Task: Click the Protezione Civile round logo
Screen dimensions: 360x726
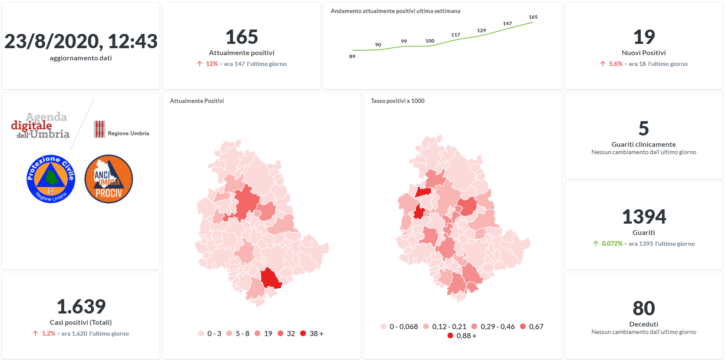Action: pyautogui.click(x=51, y=179)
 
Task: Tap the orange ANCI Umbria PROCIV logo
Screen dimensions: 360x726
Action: pyautogui.click(x=109, y=179)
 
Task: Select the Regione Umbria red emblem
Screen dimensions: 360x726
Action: pyautogui.click(x=99, y=129)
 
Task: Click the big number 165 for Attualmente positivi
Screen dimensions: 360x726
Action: pyautogui.click(x=242, y=37)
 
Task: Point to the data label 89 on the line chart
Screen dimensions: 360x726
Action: pyautogui.click(x=352, y=56)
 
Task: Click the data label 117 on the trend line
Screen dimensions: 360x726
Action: pyautogui.click(x=455, y=35)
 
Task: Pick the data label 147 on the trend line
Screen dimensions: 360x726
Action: pyautogui.click(x=507, y=23)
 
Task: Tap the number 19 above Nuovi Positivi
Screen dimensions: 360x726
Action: pyautogui.click(x=643, y=37)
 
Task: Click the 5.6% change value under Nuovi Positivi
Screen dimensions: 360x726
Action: pyautogui.click(x=615, y=64)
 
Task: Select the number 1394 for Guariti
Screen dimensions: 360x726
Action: pyautogui.click(x=643, y=217)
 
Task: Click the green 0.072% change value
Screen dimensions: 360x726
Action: pyautogui.click(x=612, y=244)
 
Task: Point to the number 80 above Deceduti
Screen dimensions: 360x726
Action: pyautogui.click(x=643, y=308)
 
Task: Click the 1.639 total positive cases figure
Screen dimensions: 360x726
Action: pyautogui.click(x=81, y=307)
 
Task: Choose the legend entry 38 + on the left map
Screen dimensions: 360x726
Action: pyautogui.click(x=316, y=334)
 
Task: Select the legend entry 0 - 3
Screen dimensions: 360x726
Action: pyautogui.click(x=214, y=334)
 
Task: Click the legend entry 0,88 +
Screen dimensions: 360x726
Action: pyautogui.click(x=466, y=336)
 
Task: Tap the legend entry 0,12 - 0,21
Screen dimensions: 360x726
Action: pyautogui.click(x=449, y=327)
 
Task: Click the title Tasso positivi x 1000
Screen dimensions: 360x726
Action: pyautogui.click(x=398, y=101)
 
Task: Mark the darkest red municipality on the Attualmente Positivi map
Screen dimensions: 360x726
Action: pyautogui.click(x=270, y=279)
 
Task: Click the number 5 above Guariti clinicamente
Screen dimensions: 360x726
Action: pyautogui.click(x=643, y=129)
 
